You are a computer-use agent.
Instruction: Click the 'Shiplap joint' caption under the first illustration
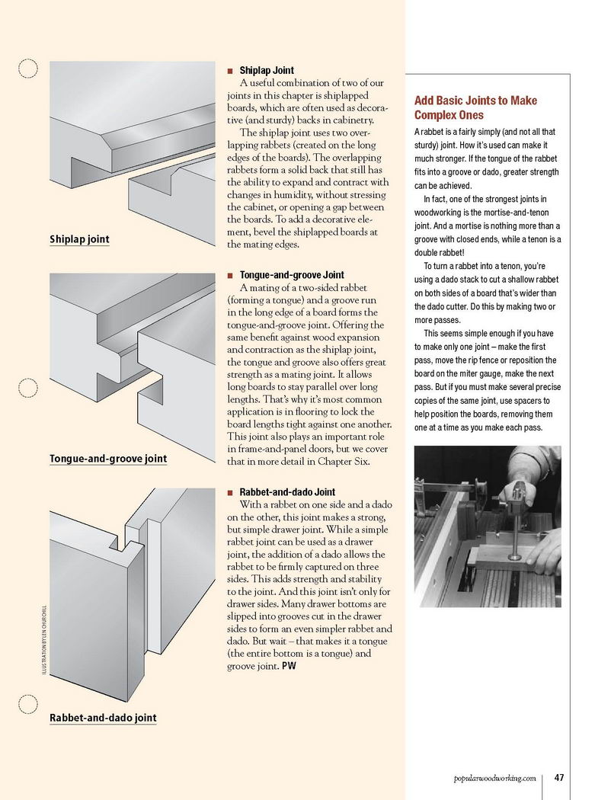[79, 239]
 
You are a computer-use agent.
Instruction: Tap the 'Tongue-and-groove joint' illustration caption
[107, 459]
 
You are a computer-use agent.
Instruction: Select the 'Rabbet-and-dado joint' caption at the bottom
[103, 718]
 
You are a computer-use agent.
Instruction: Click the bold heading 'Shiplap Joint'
[267, 70]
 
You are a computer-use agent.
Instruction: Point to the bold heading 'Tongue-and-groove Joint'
[292, 275]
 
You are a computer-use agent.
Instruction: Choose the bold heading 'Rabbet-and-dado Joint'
[287, 492]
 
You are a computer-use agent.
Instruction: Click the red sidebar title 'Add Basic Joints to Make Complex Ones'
[475, 107]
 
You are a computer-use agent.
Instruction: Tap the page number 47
[559, 778]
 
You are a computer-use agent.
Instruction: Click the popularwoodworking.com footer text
[494, 778]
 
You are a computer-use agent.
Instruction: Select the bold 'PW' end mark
[290, 667]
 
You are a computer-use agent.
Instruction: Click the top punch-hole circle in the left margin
[27, 69]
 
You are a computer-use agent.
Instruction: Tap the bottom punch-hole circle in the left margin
[27, 705]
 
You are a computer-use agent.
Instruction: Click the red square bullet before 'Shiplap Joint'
[230, 71]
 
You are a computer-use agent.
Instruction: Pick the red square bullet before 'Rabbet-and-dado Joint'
[230, 493]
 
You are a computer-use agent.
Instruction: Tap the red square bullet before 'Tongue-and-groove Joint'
[230, 275]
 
